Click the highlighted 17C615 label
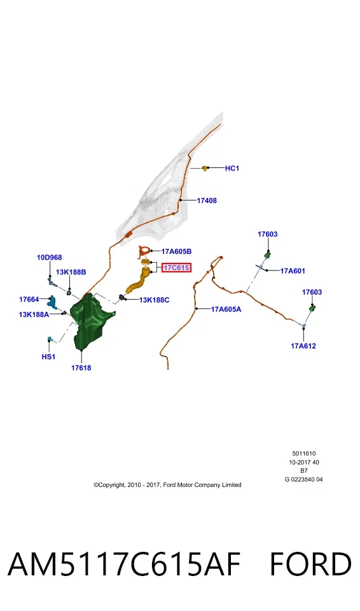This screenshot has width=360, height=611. (x=176, y=268)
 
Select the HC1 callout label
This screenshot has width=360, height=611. (x=232, y=168)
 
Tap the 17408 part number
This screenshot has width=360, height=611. (x=207, y=200)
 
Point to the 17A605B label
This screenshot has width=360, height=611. (x=176, y=252)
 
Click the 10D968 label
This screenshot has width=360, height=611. (x=50, y=258)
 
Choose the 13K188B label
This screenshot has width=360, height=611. (x=71, y=272)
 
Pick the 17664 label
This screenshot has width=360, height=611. (x=29, y=299)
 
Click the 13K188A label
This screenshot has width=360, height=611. (x=34, y=314)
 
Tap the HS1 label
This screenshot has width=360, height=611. (x=48, y=356)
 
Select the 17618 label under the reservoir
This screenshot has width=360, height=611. (x=81, y=367)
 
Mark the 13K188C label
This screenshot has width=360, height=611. (x=155, y=300)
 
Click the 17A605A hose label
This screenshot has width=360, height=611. (x=226, y=309)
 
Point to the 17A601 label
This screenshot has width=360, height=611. (x=293, y=271)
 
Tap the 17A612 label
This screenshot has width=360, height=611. (x=303, y=346)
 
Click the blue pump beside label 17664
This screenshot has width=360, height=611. (x=52, y=302)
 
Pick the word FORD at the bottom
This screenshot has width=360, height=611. (x=310, y=565)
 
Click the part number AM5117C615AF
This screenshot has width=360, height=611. (x=124, y=565)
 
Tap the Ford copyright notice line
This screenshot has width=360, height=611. (x=167, y=485)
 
